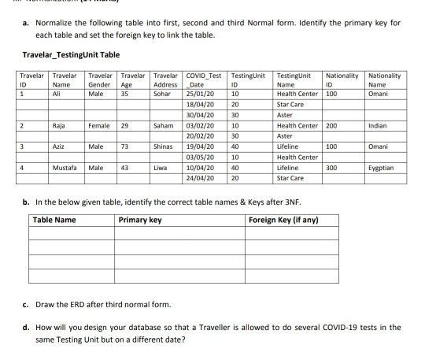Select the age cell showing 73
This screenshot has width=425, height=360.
(x=124, y=147)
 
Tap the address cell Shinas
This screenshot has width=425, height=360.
(x=163, y=147)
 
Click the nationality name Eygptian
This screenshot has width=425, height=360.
(x=381, y=168)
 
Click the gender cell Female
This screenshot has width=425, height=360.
(x=99, y=125)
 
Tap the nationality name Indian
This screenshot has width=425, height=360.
(x=378, y=125)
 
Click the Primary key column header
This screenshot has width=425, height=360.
(x=140, y=219)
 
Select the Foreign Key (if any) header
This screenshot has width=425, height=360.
(x=283, y=219)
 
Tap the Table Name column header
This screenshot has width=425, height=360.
(x=54, y=219)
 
